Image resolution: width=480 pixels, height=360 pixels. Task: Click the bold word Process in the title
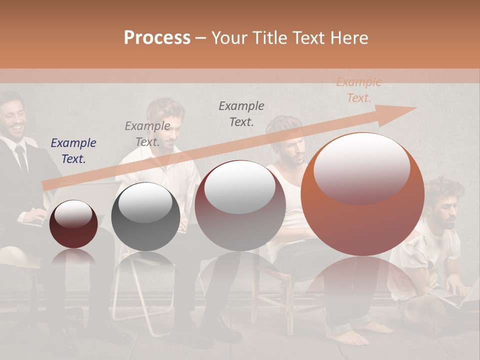[x=157, y=38]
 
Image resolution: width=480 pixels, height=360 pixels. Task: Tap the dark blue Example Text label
[x=73, y=151]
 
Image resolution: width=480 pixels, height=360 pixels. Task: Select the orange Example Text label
[x=358, y=90]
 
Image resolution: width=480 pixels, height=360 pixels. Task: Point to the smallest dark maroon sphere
[x=73, y=224]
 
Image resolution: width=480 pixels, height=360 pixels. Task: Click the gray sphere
[x=145, y=216]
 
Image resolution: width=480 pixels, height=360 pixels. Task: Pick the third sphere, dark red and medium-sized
[x=240, y=205]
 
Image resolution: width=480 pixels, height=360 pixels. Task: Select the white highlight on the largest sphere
[x=361, y=167]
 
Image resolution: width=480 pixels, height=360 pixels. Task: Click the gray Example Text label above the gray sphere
[x=147, y=133]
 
